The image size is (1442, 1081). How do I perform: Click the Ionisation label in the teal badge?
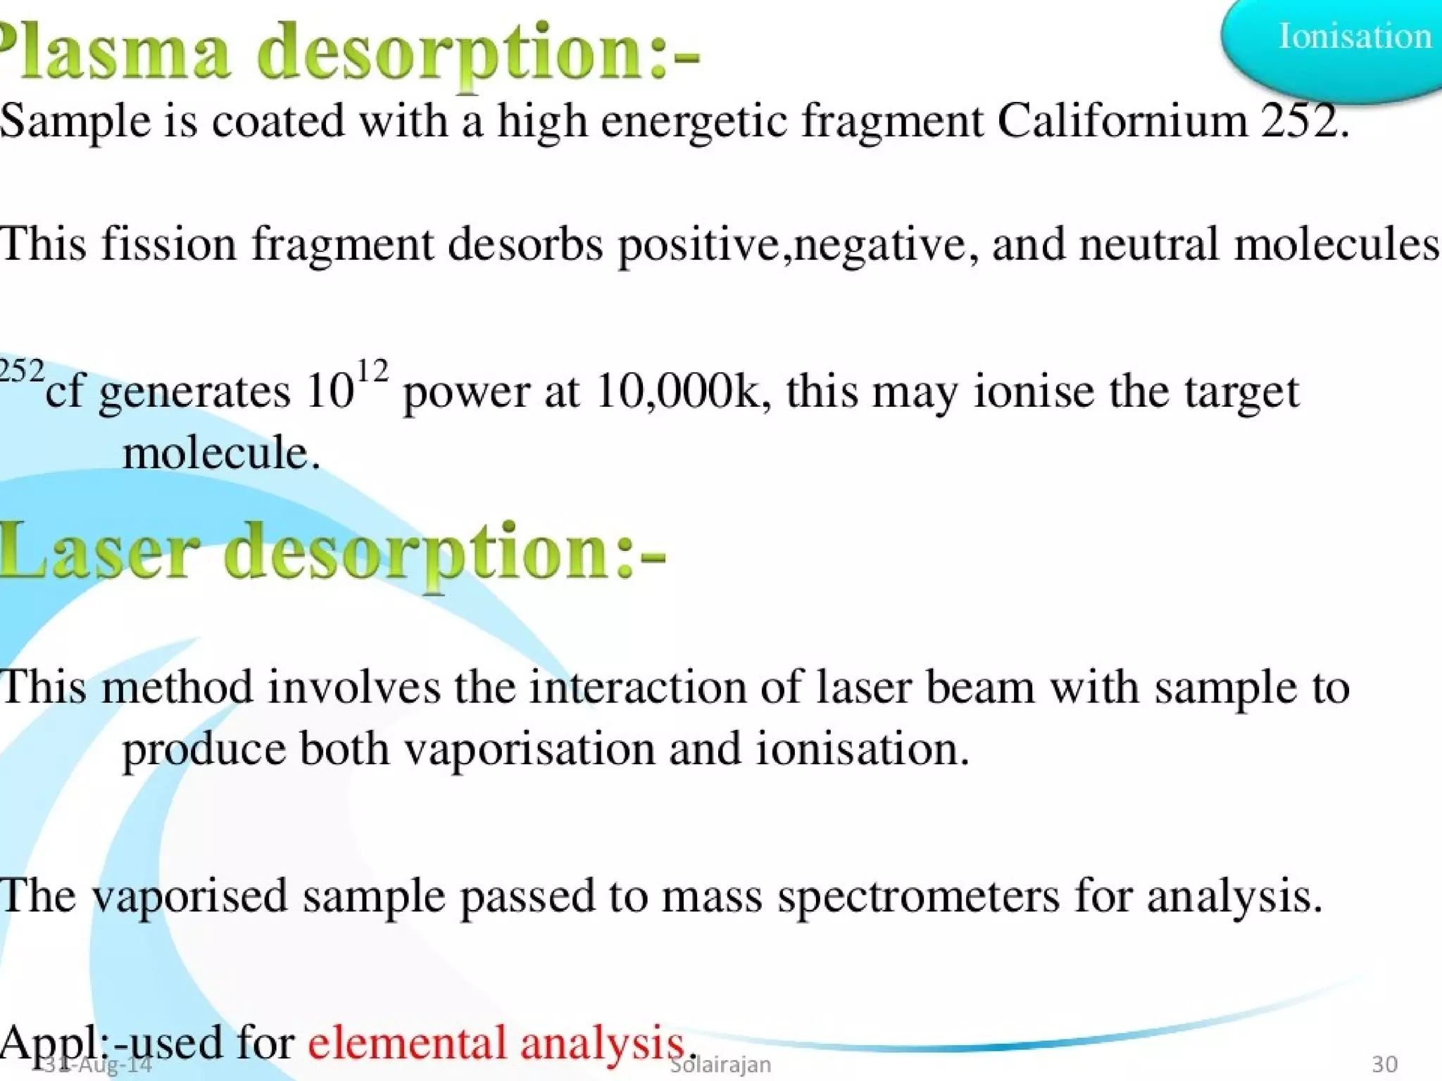pyautogui.click(x=1355, y=37)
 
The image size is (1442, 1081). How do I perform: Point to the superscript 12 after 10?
pyautogui.click(x=372, y=372)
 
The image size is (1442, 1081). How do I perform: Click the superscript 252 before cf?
pyautogui.click(x=21, y=371)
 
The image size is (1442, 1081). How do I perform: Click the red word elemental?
pyautogui.click(x=407, y=1043)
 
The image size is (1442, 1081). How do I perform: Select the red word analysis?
pyautogui.click(x=602, y=1043)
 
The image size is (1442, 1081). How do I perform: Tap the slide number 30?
pyautogui.click(x=1384, y=1064)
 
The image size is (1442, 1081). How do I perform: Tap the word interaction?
pyautogui.click(x=637, y=688)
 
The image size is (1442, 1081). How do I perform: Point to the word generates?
pyautogui.click(x=194, y=393)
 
